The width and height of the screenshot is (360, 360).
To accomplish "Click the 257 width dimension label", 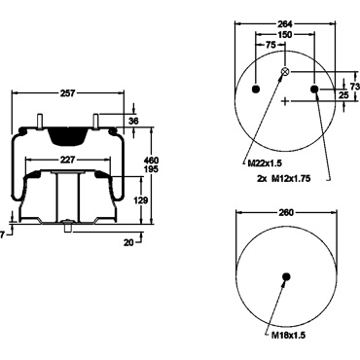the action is coord(68,93).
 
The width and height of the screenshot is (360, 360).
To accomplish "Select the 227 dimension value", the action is coord(68,160).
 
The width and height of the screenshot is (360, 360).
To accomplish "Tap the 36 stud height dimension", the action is coord(133,121).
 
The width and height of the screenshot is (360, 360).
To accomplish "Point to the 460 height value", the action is coord(151,161).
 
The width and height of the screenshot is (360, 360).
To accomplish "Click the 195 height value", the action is coord(151,169).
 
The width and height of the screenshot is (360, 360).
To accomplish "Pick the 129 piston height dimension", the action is coord(141,200).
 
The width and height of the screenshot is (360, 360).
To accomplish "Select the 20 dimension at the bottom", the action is coord(128,242).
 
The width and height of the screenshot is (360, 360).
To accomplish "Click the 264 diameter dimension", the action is coord(285,24).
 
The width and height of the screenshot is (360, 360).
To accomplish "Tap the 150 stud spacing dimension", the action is coord(285,34).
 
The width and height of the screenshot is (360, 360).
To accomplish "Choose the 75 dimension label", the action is coord(270,45).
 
